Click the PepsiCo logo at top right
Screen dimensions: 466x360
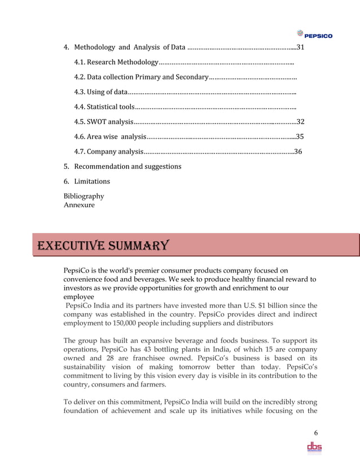[314, 34]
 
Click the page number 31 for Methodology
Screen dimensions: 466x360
[301, 47]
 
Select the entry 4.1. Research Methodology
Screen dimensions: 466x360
[116, 61]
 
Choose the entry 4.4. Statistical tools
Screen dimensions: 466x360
[104, 107]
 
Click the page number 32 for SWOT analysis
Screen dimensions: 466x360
[301, 121]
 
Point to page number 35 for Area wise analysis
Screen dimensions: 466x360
[300, 136]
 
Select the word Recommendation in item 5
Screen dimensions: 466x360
[102, 166]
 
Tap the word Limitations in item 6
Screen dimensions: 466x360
[92, 181]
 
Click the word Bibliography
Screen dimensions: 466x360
[84, 196]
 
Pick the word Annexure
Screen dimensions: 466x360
[79, 205]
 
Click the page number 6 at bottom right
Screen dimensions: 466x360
[316, 433]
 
